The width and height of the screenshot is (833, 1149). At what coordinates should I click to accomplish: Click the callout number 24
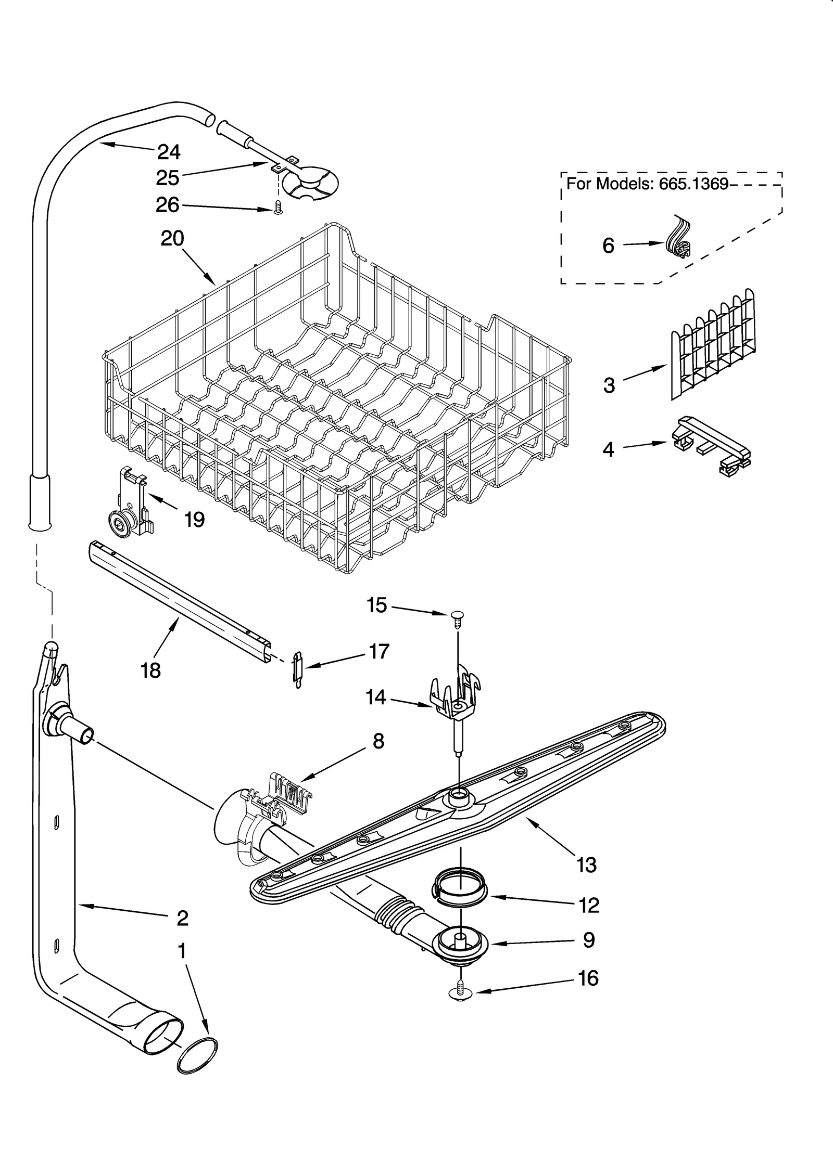[169, 152]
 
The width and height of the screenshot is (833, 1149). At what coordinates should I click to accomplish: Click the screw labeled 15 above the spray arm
[457, 617]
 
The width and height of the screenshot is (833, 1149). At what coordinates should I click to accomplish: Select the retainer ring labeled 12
[460, 889]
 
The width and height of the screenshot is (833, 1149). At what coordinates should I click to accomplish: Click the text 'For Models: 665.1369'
[647, 184]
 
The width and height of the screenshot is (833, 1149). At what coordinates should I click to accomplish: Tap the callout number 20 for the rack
[172, 239]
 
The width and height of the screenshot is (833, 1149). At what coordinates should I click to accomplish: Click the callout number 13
[586, 865]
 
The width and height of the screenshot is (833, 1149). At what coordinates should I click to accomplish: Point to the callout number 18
[150, 670]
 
